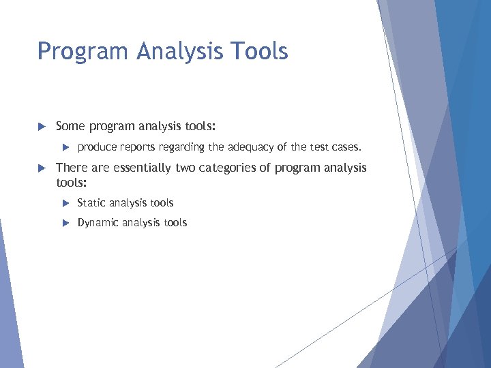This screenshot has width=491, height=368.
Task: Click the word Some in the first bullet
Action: click(70, 125)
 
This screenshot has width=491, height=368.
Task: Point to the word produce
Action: click(97, 147)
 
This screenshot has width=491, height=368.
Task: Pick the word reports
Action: click(140, 147)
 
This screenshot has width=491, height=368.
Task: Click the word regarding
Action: click(183, 147)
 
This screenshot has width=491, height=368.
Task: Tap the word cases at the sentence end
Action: click(346, 147)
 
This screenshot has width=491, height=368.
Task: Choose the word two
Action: click(185, 168)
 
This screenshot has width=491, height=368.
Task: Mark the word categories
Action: click(228, 168)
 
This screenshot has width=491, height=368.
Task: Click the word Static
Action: click(91, 202)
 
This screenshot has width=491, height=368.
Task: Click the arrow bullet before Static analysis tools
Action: click(65, 203)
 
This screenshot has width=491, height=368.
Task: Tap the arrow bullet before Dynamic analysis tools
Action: click(65, 223)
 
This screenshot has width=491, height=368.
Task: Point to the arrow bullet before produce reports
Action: click(65, 147)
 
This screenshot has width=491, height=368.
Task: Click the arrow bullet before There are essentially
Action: click(42, 168)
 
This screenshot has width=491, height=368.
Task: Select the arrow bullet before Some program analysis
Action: click(42, 126)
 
